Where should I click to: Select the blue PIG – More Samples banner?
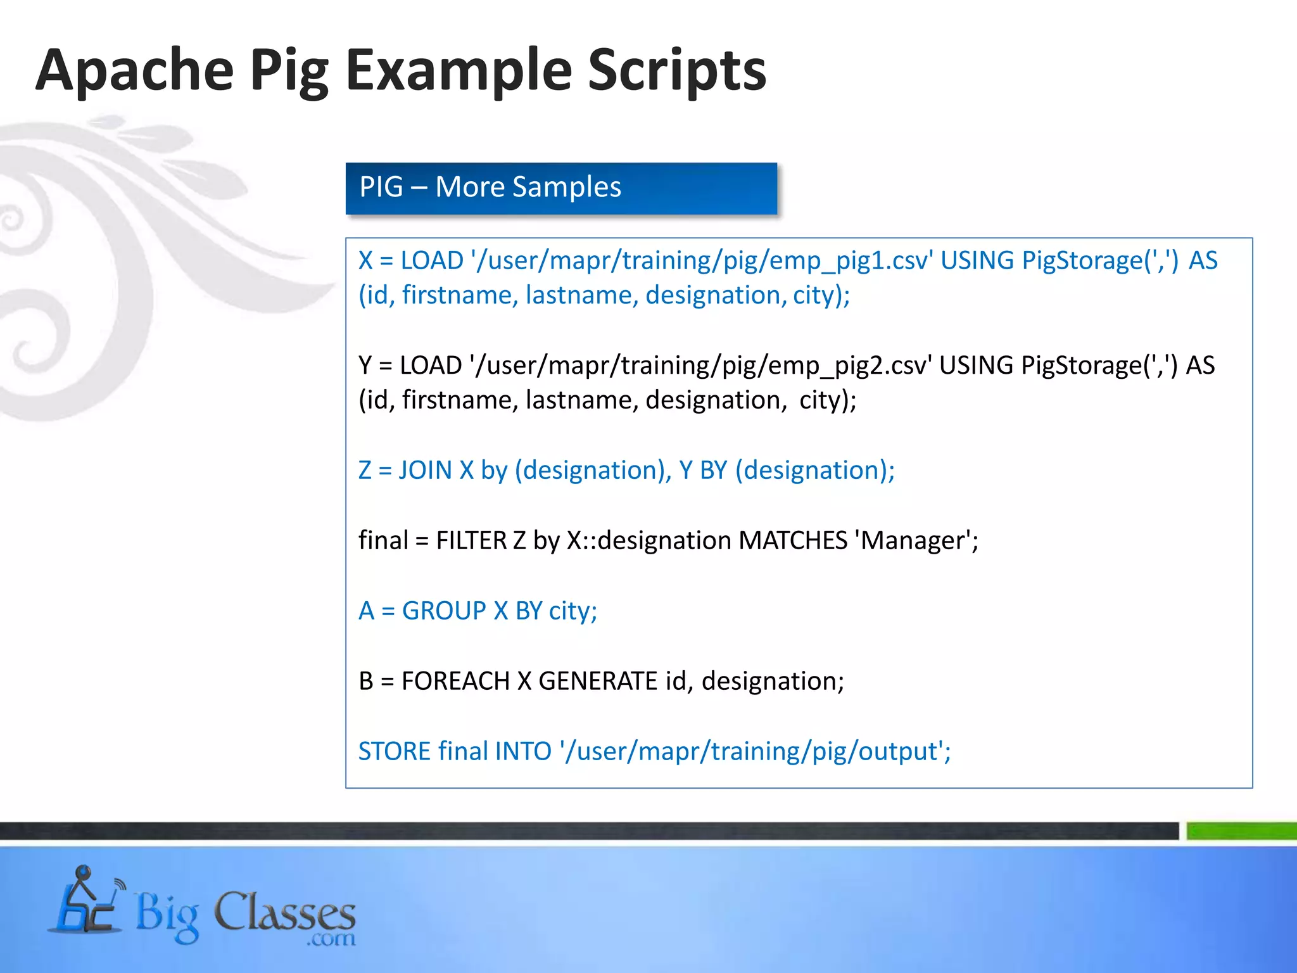pos(561,188)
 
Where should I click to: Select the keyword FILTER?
pos(472,541)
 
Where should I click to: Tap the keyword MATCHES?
pos(793,541)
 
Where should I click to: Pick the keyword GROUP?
pos(444,611)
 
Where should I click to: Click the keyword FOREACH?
pos(455,682)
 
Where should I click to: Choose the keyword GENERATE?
pos(598,682)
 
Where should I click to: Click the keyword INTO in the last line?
pos(523,752)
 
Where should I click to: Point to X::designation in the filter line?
pos(649,541)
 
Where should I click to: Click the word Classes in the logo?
pos(284,913)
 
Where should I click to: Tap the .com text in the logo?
pos(331,938)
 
